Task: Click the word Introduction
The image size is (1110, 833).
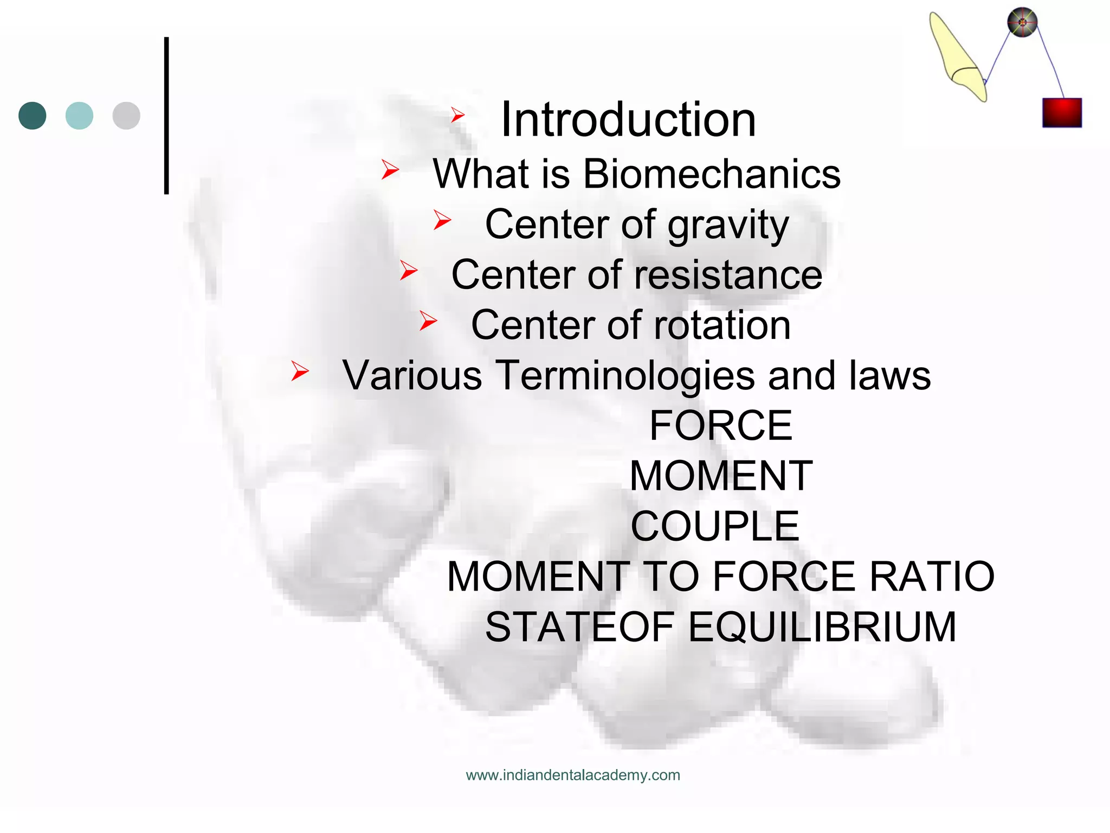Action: tap(628, 120)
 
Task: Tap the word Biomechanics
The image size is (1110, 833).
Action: tap(712, 174)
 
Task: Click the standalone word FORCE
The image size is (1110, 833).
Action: tap(720, 426)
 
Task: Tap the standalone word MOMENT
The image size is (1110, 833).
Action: tap(721, 476)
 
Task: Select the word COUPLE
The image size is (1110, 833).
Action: tap(715, 526)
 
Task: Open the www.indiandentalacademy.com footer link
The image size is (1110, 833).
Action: tap(573, 775)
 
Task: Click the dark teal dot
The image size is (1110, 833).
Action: tap(33, 116)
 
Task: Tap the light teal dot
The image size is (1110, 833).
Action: tap(79, 116)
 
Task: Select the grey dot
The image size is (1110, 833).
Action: tap(126, 116)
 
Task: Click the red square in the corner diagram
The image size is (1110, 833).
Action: tap(1062, 113)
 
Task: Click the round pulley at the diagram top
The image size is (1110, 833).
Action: tap(1022, 23)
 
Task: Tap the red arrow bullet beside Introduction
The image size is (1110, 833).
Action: tap(458, 114)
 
